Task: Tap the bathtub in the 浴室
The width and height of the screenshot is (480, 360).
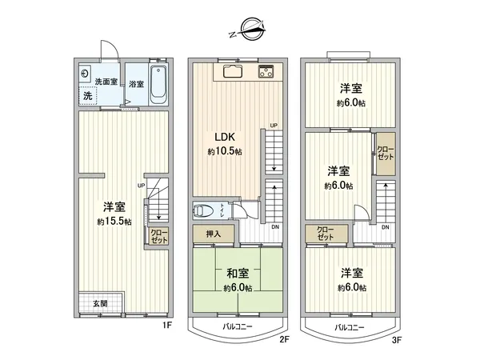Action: pos(156,85)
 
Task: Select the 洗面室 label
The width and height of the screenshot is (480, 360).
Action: pos(106,82)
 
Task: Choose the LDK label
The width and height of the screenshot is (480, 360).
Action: pos(223,136)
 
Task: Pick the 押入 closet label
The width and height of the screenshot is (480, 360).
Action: pos(214,234)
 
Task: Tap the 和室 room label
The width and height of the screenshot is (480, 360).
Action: pos(238,273)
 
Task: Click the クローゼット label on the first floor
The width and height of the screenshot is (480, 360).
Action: pos(158,236)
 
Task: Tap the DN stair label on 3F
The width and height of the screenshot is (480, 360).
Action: pos(386,228)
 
